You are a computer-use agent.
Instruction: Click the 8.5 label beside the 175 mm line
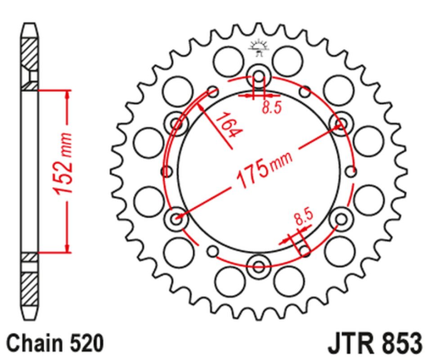[x=302, y=219]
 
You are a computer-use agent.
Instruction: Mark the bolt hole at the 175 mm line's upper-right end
[x=339, y=125]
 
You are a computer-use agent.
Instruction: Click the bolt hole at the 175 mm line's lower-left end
[x=176, y=219]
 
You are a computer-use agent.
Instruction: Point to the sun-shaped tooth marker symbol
[x=259, y=47]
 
